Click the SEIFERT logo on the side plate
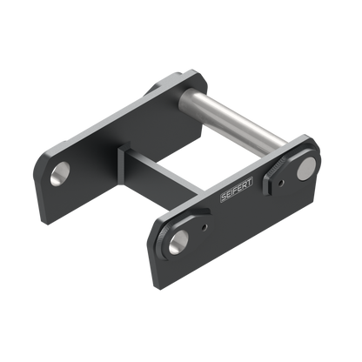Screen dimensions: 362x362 [x=237, y=190]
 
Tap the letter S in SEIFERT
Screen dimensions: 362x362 [x=224, y=197]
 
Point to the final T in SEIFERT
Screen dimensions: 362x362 [x=250, y=183]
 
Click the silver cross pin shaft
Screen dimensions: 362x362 [x=233, y=121]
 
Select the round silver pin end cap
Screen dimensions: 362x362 [x=306, y=169]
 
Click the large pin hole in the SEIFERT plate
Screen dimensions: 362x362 [x=178, y=242]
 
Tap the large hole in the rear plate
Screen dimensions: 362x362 [x=60, y=173]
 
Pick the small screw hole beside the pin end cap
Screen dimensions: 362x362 [x=280, y=183]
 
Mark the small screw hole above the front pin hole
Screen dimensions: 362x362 [x=204, y=227]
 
